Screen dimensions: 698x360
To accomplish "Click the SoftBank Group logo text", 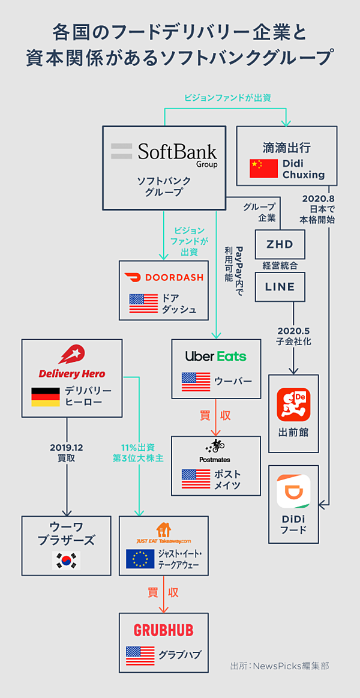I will click(x=178, y=151).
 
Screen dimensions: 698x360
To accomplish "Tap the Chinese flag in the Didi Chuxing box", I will click(x=263, y=169).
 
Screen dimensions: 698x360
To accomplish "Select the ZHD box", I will click(x=280, y=244).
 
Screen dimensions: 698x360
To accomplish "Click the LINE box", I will click(x=280, y=287).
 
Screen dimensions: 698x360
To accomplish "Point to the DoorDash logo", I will click(x=164, y=277).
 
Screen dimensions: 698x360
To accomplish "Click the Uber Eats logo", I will click(x=215, y=356).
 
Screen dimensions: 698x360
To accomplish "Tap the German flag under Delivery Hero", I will click(x=46, y=397).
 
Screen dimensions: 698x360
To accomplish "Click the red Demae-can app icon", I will click(x=293, y=405).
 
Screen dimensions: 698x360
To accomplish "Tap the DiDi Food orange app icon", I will click(x=293, y=492).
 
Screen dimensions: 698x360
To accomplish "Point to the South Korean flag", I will click(x=67, y=560).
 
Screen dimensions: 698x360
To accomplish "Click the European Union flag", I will click(x=140, y=559).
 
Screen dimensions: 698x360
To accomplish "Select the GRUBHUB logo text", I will click(x=163, y=630).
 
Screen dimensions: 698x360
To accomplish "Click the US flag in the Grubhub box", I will click(x=140, y=655).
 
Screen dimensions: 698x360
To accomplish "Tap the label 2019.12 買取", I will click(x=66, y=453).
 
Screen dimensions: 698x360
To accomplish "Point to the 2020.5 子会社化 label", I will click(x=294, y=336).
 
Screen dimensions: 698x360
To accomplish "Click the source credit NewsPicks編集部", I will click(x=280, y=666).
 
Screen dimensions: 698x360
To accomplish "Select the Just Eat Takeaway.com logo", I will click(x=163, y=532).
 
